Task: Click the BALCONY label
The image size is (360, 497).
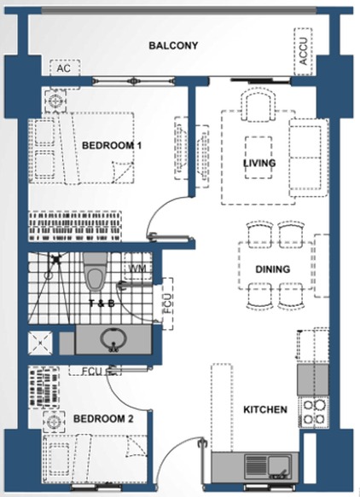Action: click(173, 46)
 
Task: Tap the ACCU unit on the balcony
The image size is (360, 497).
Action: click(303, 51)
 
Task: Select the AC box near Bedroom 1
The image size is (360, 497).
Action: click(65, 68)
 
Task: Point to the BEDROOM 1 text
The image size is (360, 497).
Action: click(112, 146)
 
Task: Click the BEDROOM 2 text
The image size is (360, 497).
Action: click(103, 419)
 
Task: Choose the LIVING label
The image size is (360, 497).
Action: click(259, 163)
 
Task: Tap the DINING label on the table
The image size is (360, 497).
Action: click(272, 269)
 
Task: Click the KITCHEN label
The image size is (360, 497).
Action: click(265, 409)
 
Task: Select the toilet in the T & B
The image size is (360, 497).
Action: click(96, 273)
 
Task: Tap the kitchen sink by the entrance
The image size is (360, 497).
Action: click(279, 468)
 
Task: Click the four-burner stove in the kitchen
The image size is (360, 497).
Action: click(314, 412)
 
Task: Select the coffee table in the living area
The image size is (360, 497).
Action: click(258, 158)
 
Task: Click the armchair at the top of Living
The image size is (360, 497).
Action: click(258, 104)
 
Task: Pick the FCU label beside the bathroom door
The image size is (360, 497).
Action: click(167, 303)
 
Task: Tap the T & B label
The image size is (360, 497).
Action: click(102, 303)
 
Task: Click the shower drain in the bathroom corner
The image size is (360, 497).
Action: click(56, 259)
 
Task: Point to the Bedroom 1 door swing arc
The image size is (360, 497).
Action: click(159, 209)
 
